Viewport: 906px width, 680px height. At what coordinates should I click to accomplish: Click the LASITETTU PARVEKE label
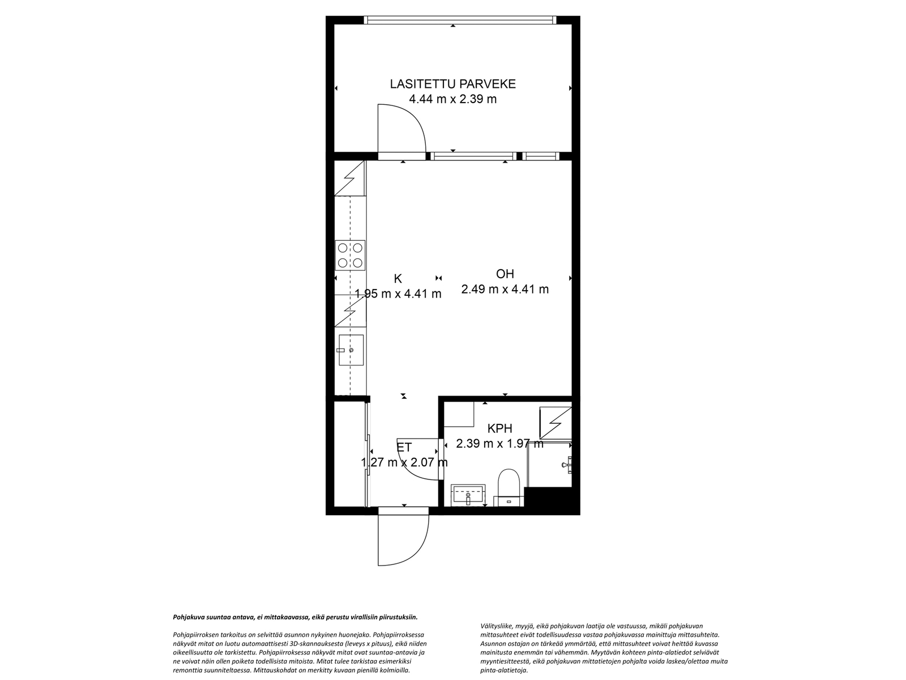453,84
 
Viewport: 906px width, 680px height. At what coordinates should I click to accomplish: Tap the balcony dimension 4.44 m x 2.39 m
453,99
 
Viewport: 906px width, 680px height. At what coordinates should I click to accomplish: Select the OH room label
505,274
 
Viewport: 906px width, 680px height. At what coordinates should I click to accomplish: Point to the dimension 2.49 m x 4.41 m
505,290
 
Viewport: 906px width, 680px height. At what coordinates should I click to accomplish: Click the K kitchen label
398,279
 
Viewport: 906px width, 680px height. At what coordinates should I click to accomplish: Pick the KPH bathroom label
499,428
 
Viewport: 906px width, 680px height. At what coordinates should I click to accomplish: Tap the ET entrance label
404,447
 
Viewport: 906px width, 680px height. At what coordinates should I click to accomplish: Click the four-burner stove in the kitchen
350,255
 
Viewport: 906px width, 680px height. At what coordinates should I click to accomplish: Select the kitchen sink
351,350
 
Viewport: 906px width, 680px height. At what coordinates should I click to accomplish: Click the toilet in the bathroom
508,487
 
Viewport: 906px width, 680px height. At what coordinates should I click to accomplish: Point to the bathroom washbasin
468,495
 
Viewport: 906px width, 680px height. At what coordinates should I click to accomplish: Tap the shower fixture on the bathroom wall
567,465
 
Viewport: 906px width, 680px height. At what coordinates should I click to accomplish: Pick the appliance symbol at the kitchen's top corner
349,178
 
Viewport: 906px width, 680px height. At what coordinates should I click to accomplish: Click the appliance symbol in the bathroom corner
555,423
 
